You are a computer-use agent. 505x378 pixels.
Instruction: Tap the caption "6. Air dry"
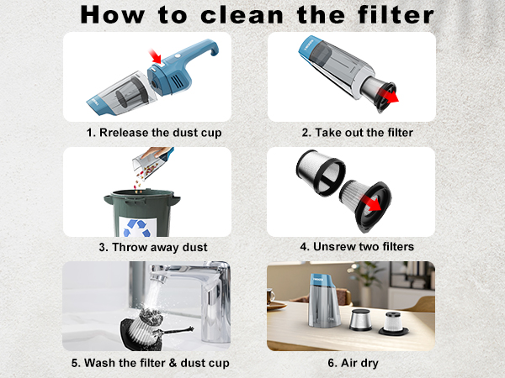[x=351, y=363]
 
